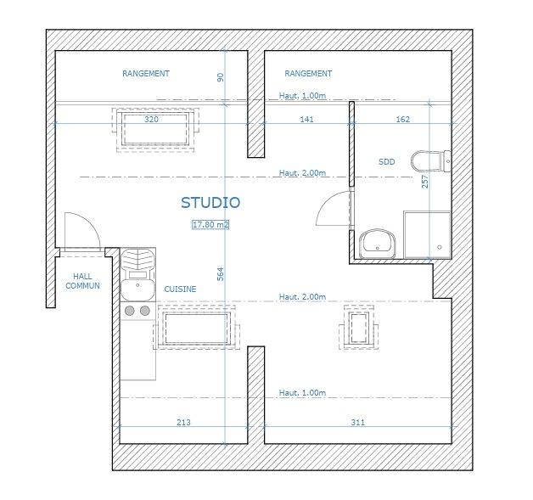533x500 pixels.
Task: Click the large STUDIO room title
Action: (210, 203)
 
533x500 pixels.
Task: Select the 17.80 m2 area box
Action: (210, 225)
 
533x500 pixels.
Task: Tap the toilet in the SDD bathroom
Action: (431, 161)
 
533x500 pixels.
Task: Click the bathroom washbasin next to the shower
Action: (378, 244)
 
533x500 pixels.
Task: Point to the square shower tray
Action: (427, 234)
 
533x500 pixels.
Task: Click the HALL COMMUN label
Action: (82, 281)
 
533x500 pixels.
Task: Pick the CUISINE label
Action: (180, 289)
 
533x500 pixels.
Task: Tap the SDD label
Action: (387, 162)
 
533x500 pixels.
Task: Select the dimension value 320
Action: (151, 120)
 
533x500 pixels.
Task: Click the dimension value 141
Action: (306, 120)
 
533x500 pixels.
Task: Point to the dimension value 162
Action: (403, 120)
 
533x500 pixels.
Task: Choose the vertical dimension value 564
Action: (221, 274)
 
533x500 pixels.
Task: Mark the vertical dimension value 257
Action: (425, 182)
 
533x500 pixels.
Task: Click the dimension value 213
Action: (183, 422)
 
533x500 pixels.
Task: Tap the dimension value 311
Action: (358, 422)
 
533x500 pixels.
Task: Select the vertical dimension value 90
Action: (221, 77)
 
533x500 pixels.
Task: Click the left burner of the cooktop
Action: (130, 311)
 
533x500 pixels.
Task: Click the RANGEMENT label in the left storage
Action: (146, 73)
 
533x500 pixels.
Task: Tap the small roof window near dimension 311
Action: (359, 328)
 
